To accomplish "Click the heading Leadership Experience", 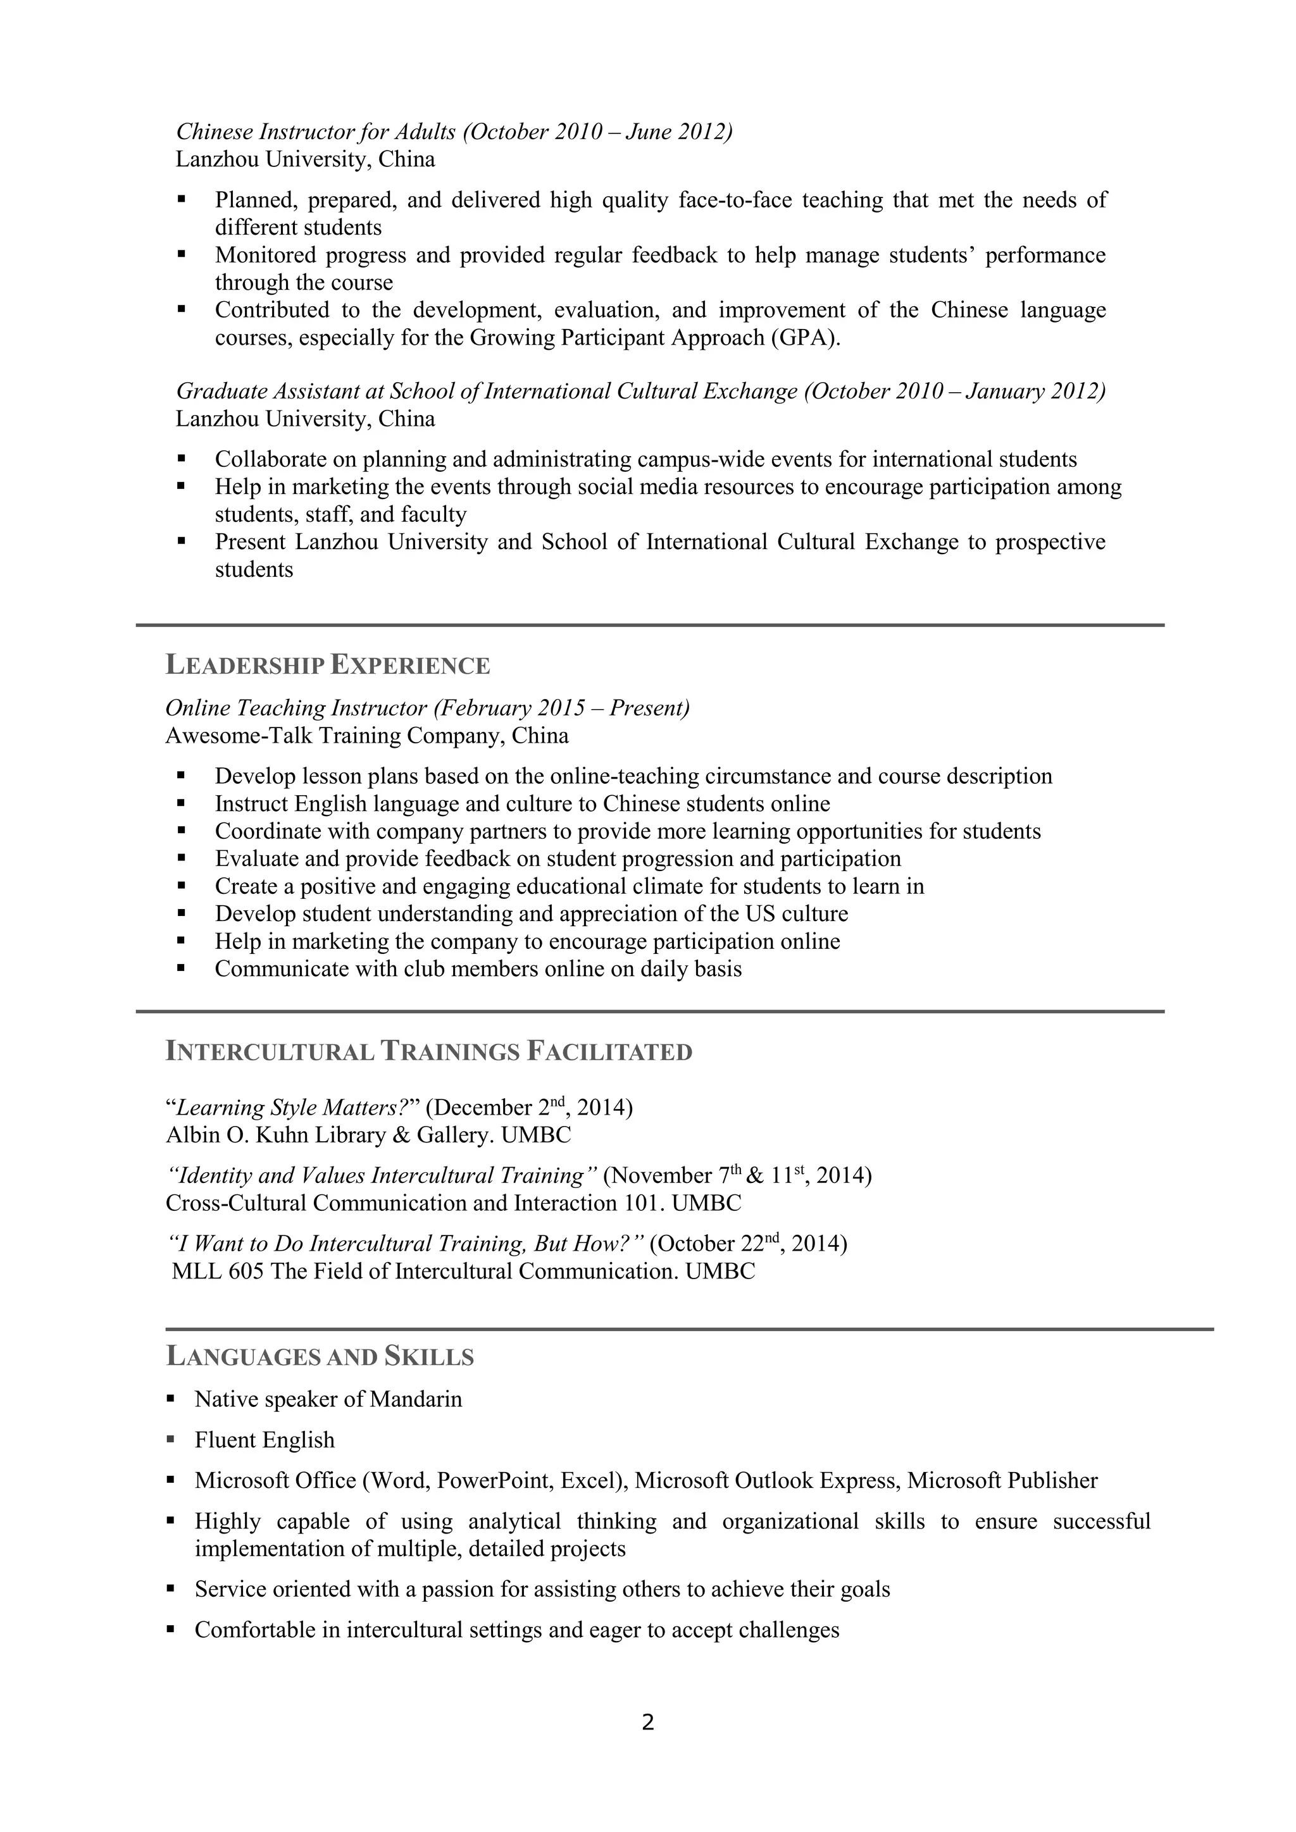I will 327,665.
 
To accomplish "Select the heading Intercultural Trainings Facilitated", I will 428,1051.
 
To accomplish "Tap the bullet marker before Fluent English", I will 171,1439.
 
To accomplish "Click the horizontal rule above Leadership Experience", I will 650,625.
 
